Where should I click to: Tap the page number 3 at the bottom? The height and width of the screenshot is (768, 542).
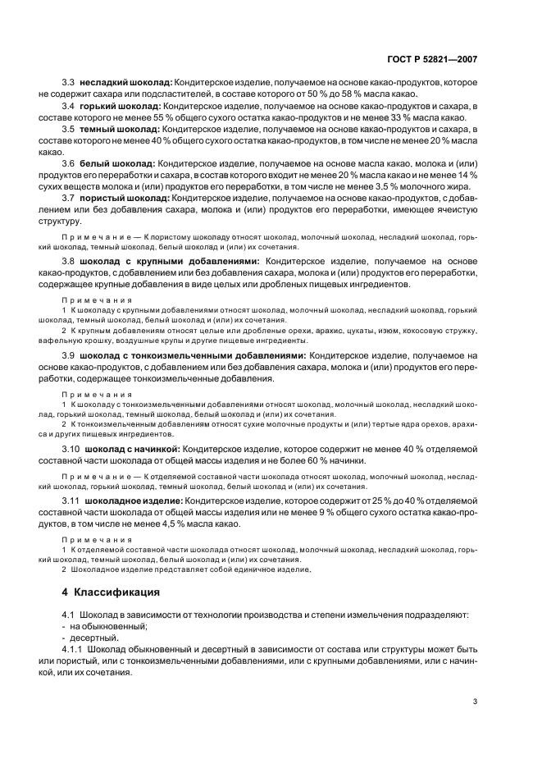[x=474, y=702]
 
